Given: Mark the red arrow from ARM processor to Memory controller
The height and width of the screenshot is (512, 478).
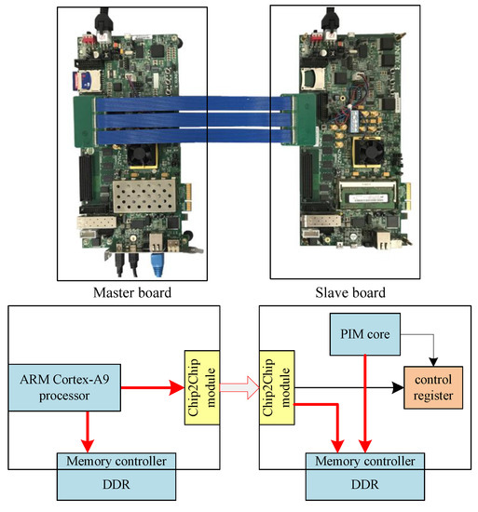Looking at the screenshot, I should tap(86, 430).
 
